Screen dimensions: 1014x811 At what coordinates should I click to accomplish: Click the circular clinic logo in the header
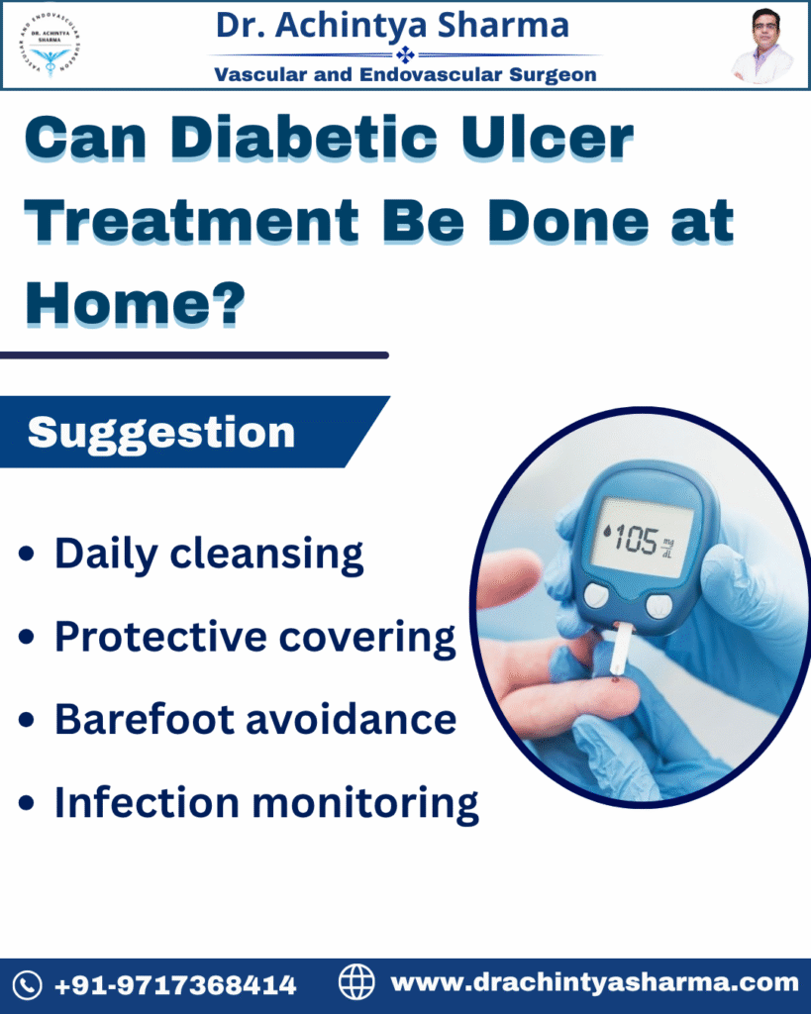[x=51, y=46]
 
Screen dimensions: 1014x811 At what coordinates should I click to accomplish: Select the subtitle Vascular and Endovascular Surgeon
[x=405, y=74]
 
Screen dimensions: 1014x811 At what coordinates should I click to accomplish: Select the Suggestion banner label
[x=161, y=433]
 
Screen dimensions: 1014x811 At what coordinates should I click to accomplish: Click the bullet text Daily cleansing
[x=209, y=555]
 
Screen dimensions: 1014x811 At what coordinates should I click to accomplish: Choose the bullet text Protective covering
[x=254, y=638]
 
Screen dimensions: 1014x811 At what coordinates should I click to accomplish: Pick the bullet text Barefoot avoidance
[x=254, y=720]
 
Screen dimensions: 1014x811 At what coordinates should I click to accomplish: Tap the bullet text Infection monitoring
[x=266, y=803]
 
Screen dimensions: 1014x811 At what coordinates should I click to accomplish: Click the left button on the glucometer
[x=596, y=594]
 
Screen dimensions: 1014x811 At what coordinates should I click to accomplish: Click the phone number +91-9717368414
[x=174, y=985]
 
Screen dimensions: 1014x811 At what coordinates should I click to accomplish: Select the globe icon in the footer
[x=357, y=983]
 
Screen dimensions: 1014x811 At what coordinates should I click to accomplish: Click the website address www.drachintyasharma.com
[x=594, y=983]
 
